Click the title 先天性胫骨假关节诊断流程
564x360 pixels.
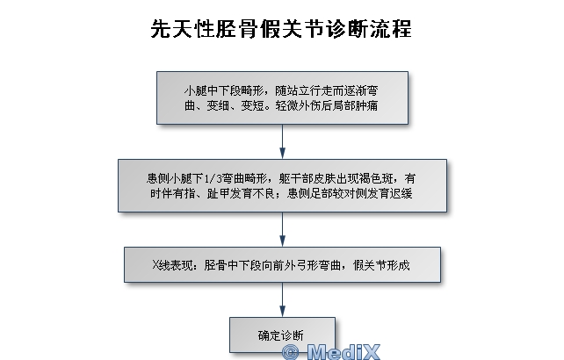281,29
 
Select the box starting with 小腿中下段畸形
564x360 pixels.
282,97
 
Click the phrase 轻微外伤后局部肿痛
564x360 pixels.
327,105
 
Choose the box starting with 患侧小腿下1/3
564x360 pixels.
282,185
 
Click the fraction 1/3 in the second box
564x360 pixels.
213,178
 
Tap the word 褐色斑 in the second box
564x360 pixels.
382,178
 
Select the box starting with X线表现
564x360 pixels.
282,264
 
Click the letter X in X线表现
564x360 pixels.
155,265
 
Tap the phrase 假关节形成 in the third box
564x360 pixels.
381,265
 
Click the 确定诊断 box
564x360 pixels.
282,335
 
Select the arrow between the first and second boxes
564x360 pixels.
282,141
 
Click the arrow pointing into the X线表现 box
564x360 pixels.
282,229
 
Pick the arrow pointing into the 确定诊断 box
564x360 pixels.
282,299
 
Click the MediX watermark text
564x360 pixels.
343,352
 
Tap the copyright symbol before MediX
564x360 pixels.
291,352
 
